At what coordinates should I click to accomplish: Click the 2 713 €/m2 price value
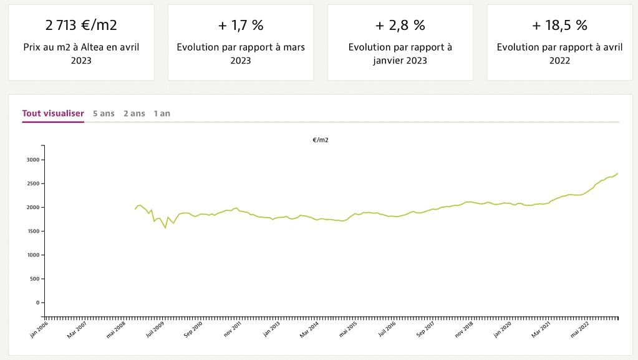81,26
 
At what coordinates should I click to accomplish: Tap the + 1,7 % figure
241,26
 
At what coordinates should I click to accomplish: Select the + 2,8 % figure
400,26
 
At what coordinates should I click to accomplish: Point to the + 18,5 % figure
559,26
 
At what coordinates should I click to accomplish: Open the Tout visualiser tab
53,114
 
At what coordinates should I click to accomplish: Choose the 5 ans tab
104,114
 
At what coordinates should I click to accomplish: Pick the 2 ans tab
134,114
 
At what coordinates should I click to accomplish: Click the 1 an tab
162,114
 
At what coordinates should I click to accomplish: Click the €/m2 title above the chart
321,140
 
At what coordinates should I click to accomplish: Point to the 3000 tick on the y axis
32,160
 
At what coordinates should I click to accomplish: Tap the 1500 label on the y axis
32,231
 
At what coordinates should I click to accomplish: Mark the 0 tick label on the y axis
37,303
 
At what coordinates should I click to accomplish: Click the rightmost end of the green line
617,173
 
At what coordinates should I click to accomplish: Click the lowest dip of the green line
165,228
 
